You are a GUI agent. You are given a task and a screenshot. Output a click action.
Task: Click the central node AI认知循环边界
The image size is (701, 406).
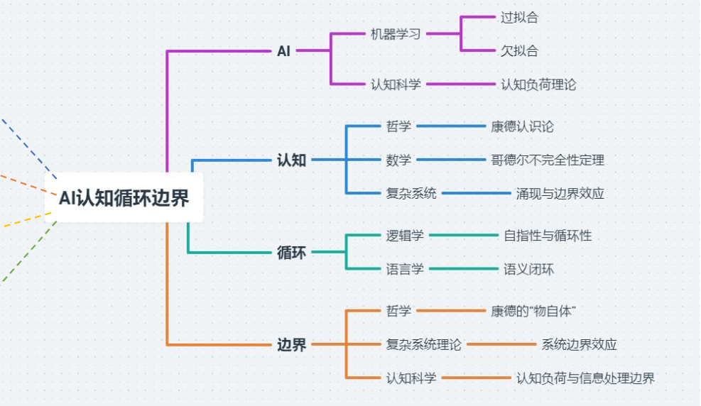pyautogui.click(x=124, y=198)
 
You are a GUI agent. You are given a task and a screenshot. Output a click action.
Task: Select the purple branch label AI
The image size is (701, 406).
pyautogui.click(x=283, y=51)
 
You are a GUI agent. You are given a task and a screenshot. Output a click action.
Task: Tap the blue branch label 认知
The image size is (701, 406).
pyautogui.click(x=291, y=160)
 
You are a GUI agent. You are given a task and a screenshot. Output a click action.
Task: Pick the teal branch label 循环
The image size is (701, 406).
pyautogui.click(x=291, y=252)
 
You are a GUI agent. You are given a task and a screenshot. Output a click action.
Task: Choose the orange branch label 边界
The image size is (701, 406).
pyautogui.click(x=291, y=345)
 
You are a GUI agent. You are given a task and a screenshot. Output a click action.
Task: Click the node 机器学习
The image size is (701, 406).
pyautogui.click(x=396, y=34)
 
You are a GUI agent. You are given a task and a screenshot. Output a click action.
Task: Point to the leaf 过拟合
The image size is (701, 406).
pyautogui.click(x=519, y=18)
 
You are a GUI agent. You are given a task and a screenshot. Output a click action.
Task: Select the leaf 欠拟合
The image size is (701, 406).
pyautogui.click(x=519, y=50)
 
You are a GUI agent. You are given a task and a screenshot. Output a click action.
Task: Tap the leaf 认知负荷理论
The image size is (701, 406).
pyautogui.click(x=538, y=84)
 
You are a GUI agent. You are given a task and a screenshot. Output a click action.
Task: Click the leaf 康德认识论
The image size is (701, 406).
pyautogui.click(x=522, y=126)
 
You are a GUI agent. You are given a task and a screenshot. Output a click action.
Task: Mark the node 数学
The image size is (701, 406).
pyautogui.click(x=398, y=160)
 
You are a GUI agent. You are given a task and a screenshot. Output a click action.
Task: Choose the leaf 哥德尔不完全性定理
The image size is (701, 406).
pyautogui.click(x=548, y=160)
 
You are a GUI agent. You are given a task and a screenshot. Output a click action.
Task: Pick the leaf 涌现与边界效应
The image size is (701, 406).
pyautogui.click(x=560, y=193)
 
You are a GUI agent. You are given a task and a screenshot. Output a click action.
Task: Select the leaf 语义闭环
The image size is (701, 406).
pyautogui.click(x=528, y=269)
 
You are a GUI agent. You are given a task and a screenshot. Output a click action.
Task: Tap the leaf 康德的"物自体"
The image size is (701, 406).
pyautogui.click(x=533, y=311)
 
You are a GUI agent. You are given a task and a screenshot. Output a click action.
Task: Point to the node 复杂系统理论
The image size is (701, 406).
pyautogui.click(x=423, y=344)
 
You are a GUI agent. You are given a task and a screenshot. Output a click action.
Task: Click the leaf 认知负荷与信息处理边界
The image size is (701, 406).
pyautogui.click(x=585, y=378)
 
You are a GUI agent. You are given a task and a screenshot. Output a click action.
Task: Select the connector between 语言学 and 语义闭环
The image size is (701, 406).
pyautogui.click(x=463, y=269)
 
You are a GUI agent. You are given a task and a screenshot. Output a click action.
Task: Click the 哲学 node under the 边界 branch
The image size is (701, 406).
pyautogui.click(x=398, y=311)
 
